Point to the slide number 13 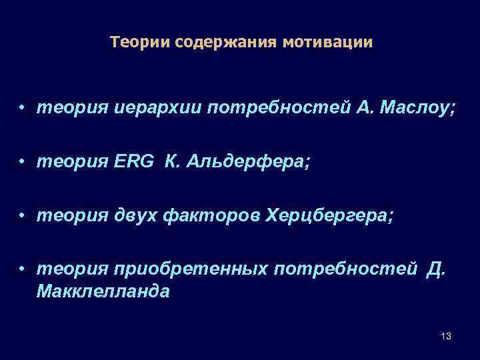(446, 336)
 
